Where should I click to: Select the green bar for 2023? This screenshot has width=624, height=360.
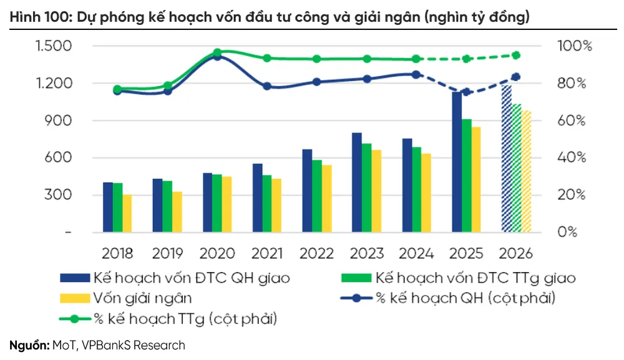tap(367, 188)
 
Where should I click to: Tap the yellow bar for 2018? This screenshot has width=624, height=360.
tap(127, 213)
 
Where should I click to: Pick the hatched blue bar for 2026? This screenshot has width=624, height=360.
tap(507, 159)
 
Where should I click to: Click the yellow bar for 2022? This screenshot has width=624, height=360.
tap(327, 198)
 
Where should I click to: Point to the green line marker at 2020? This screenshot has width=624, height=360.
tap(217, 52)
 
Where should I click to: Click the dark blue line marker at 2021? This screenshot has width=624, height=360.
tap(267, 86)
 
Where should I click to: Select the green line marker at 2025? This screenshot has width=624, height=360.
tap(466, 59)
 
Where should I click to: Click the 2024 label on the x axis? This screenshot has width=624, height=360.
tap(416, 253)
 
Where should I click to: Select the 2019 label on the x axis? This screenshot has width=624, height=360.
tap(167, 253)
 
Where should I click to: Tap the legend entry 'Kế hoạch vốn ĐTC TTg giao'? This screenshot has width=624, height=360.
tap(474, 277)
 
